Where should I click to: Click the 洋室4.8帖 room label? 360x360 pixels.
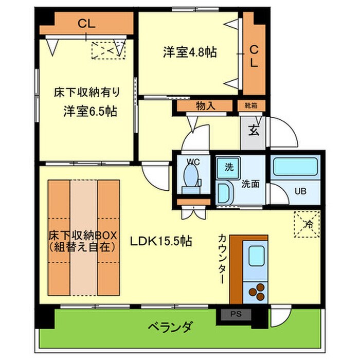coord(190,52)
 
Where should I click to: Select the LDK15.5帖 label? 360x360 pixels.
coord(161,241)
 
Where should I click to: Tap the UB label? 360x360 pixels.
coord(300,191)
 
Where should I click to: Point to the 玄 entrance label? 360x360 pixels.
coord(254,130)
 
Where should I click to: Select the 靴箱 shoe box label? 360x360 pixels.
coord(251,106)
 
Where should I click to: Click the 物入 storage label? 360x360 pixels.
coord(205,106)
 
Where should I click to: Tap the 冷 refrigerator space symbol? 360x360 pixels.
coord(308,224)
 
